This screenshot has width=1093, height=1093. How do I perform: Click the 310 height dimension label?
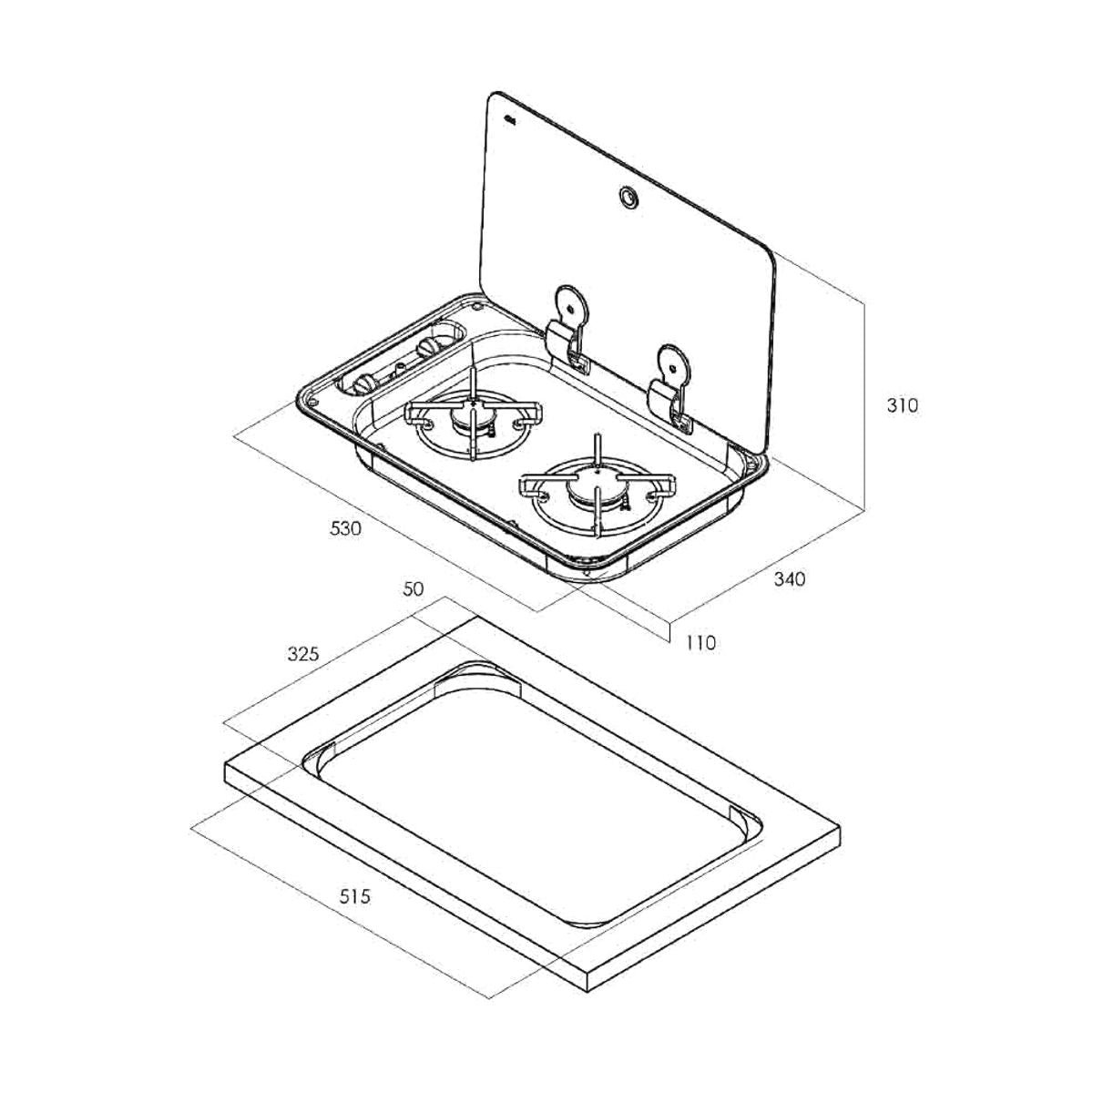click(x=902, y=406)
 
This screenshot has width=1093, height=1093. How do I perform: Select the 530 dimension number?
click(x=345, y=528)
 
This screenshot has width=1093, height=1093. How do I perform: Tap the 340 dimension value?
click(x=790, y=579)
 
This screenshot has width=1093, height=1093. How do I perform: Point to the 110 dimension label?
click(x=700, y=643)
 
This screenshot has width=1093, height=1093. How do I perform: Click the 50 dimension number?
click(x=413, y=589)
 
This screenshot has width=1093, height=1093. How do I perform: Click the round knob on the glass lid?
click(x=628, y=198)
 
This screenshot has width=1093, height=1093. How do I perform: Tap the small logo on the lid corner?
click(x=510, y=119)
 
